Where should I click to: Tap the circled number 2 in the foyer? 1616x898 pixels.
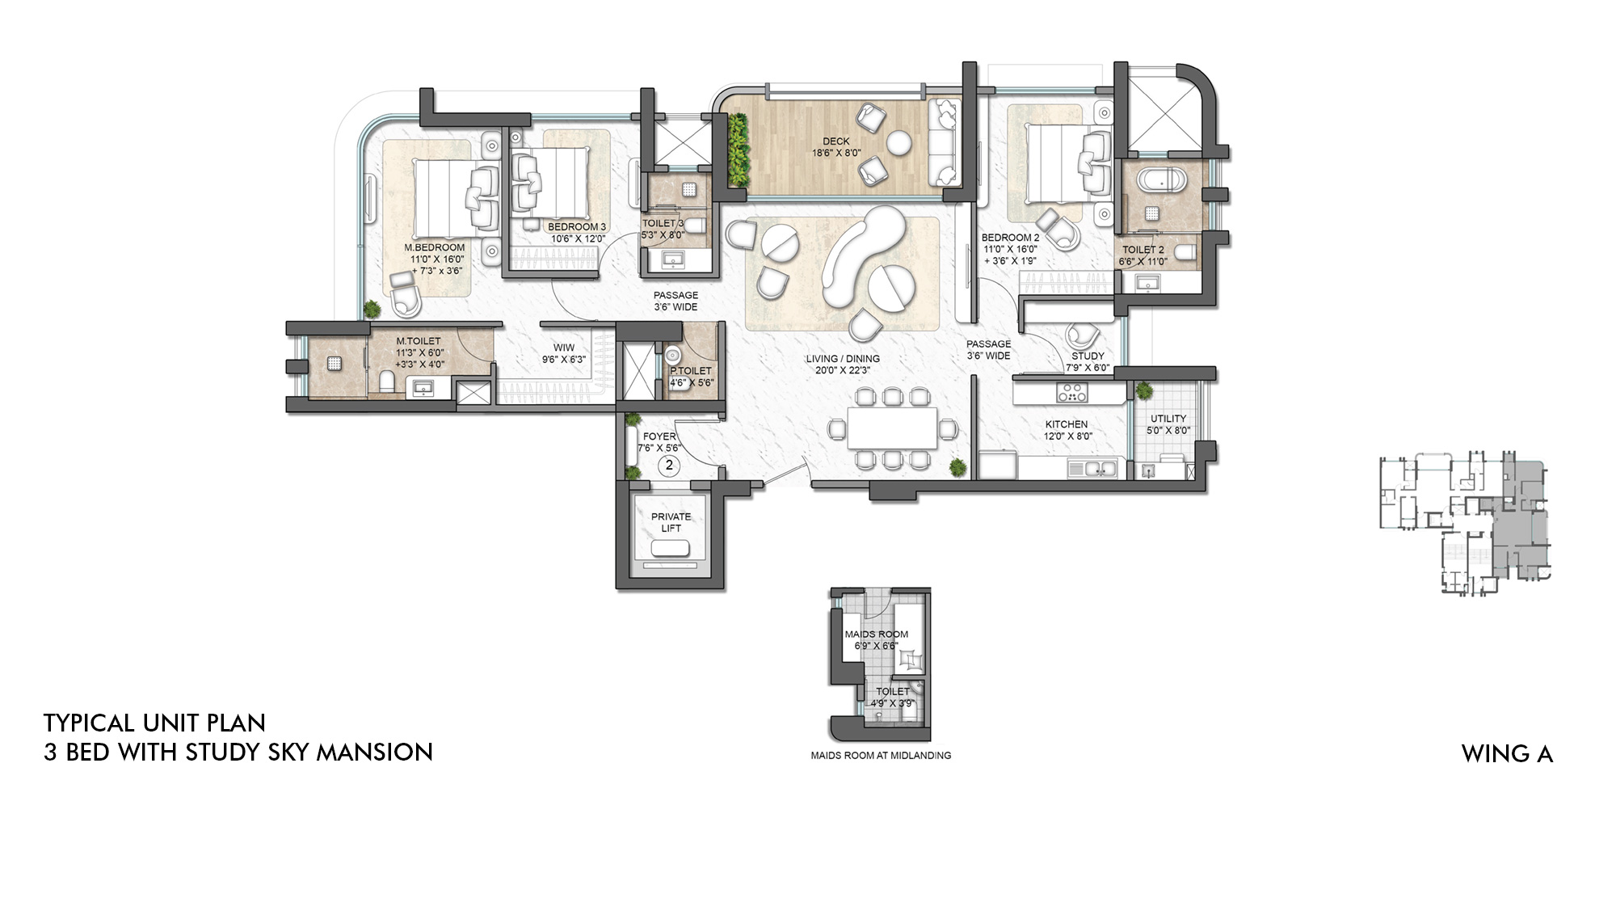[x=669, y=466]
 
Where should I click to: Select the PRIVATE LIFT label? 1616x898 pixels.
[x=671, y=522]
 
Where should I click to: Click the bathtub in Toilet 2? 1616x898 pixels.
[x=1160, y=179]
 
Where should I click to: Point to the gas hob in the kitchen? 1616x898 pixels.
[x=1072, y=393]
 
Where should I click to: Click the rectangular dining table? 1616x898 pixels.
[x=892, y=428]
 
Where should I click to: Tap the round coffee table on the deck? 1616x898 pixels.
[x=899, y=145]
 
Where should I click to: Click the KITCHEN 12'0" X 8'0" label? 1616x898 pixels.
[x=1067, y=430]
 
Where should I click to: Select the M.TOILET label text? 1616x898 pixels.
[x=419, y=341]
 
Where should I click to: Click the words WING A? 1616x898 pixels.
[x=1507, y=754]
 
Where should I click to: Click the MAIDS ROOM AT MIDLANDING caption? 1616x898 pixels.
[x=881, y=756]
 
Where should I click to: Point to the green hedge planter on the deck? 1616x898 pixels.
[x=737, y=150]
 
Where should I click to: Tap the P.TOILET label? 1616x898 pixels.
[x=691, y=371]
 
